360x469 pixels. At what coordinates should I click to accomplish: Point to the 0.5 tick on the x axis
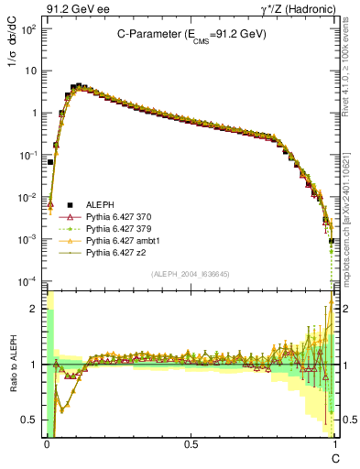pos(191,444)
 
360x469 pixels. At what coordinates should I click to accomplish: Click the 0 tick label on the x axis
pos(47,444)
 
